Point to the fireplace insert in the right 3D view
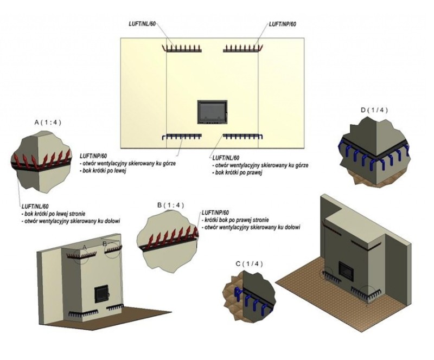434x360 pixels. point(346,269)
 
